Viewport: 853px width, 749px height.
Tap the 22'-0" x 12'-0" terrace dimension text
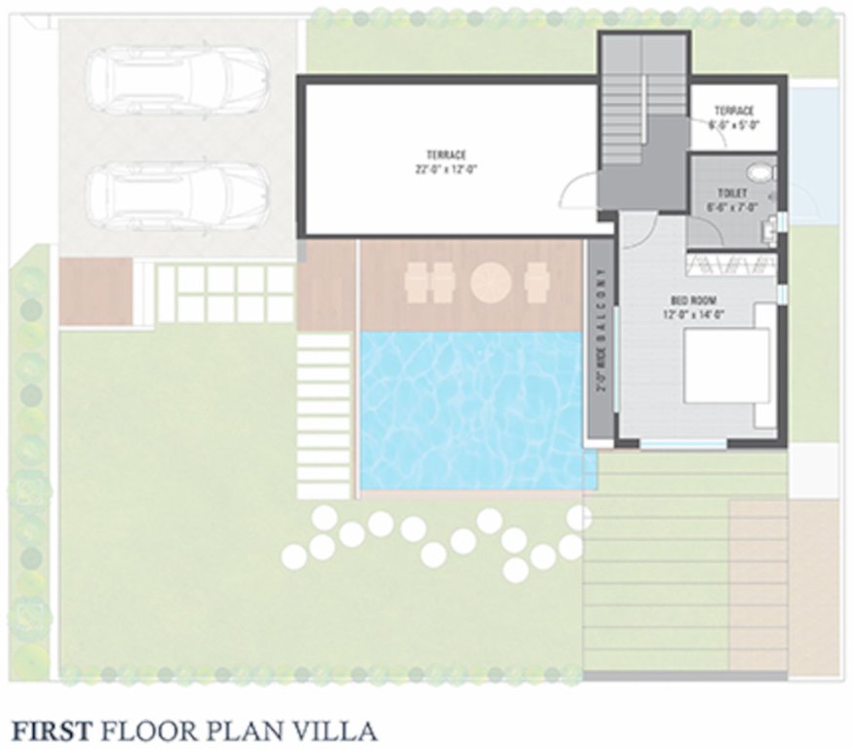click(x=445, y=168)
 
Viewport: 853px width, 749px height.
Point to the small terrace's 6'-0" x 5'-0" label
click(x=734, y=124)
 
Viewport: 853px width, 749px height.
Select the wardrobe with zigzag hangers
click(x=731, y=263)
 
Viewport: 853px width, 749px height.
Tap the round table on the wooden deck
click(x=491, y=283)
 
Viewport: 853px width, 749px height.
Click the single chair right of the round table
click(x=537, y=283)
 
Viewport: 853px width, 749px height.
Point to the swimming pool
click(x=473, y=410)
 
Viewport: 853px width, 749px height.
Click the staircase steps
click(x=642, y=98)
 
